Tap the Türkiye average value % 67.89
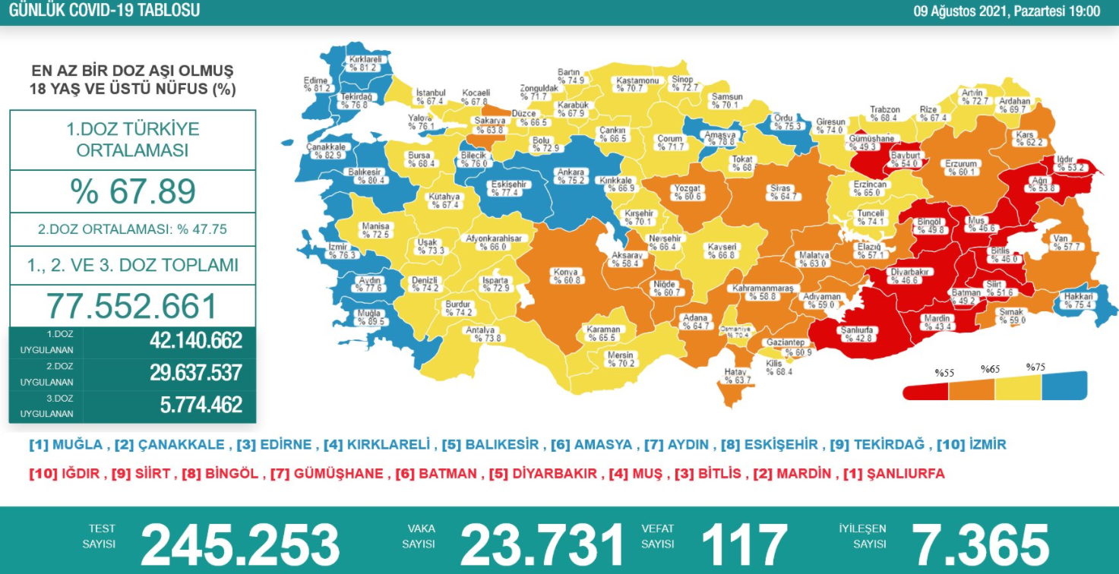point(133,191)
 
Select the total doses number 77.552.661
point(132,306)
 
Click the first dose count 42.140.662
point(196,341)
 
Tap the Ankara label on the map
point(571,176)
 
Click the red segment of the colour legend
point(925,391)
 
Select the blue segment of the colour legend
point(1064,386)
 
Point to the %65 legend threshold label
point(990,369)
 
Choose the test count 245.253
point(240,544)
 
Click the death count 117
point(743,544)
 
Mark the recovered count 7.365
point(979,544)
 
